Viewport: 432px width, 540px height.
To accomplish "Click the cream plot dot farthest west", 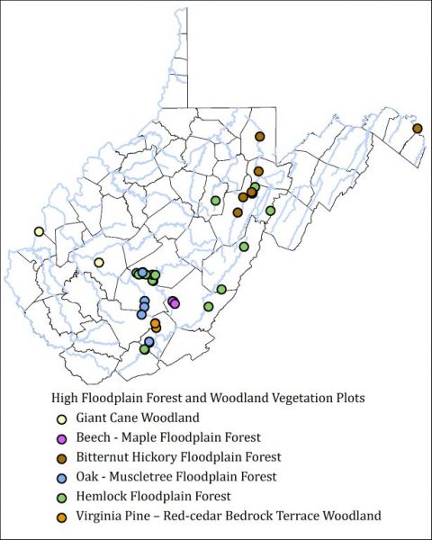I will click(39, 231).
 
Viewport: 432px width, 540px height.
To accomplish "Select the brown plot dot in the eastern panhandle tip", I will click(418, 129).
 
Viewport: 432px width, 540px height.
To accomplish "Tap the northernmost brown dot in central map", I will click(259, 137).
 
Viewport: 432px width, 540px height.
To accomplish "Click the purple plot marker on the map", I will click(174, 302).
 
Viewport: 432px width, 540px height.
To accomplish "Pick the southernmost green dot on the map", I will click(144, 349).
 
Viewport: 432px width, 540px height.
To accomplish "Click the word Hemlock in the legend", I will click(103, 496).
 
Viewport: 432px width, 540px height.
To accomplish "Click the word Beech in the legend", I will click(94, 437).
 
